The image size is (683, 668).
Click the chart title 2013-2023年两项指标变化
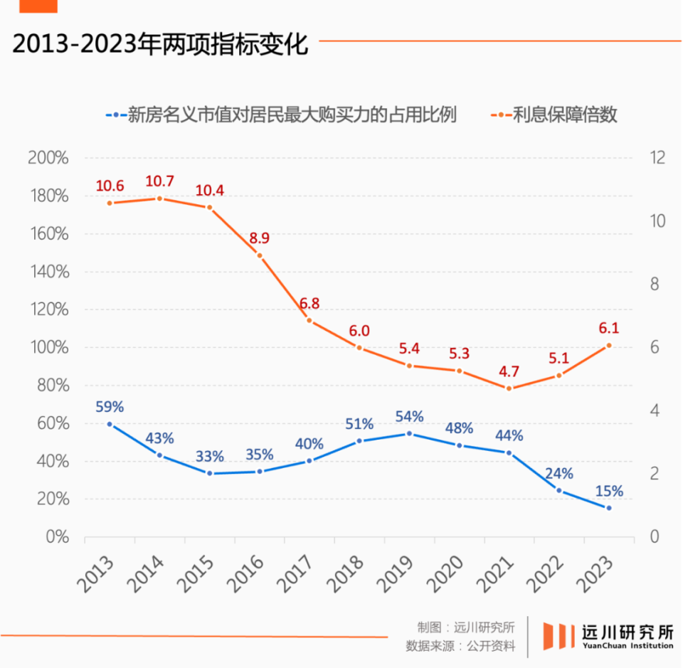coord(160,44)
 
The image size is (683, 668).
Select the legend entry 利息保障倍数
coord(557,114)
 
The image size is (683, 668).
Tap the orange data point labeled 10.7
coord(159,198)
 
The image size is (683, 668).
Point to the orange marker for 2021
coord(509,388)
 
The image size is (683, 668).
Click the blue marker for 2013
coord(110,424)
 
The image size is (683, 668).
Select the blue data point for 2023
coord(608,508)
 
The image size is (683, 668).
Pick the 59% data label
coord(110,407)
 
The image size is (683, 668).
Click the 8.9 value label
coord(259,238)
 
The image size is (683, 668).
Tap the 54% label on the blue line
coord(409,416)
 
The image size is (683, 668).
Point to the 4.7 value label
coord(509,371)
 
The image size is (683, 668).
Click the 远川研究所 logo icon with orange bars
coord(559,635)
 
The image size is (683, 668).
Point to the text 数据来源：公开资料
coord(460,647)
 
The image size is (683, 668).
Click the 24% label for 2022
coord(558,474)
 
